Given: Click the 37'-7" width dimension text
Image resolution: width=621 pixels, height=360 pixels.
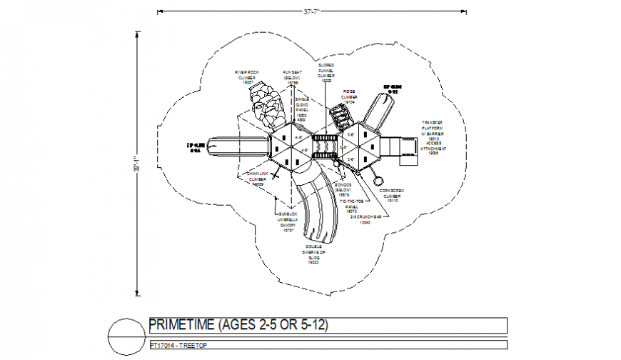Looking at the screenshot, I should pyautogui.click(x=310, y=11).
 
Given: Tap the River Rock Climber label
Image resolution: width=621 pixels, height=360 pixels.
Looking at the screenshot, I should pyautogui.click(x=249, y=76).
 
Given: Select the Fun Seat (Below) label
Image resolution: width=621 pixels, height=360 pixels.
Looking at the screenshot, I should pyautogui.click(x=292, y=76).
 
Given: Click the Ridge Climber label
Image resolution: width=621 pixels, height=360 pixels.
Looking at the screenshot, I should pyautogui.click(x=349, y=96).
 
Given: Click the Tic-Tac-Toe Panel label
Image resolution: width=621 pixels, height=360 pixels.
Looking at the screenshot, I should pyautogui.click(x=351, y=206).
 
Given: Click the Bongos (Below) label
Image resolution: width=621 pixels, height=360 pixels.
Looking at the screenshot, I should pyautogui.click(x=343, y=190).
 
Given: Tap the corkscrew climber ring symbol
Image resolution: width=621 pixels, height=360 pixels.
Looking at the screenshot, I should pyautogui.click(x=380, y=181).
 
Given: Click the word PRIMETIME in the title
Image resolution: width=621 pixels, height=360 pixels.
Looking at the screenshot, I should pyautogui.click(x=183, y=325).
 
